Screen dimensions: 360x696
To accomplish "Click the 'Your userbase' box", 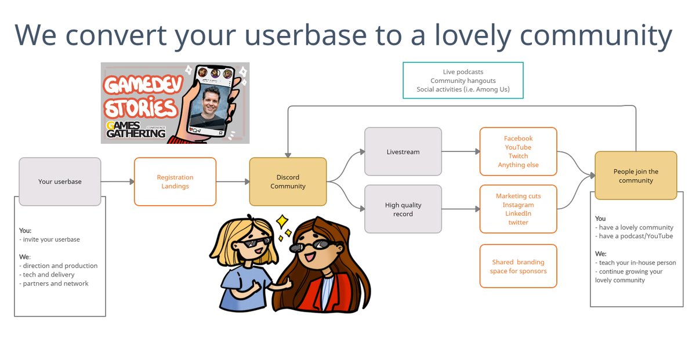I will click(60, 181).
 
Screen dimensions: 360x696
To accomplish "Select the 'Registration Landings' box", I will click(175, 181).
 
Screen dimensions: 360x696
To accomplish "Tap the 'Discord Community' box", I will click(288, 181).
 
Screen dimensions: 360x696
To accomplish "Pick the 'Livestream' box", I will click(403, 152).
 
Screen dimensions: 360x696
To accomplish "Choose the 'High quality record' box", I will click(403, 209).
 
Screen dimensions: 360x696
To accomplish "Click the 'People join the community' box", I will click(636, 176).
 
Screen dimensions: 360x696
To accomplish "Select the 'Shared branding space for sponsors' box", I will click(518, 266).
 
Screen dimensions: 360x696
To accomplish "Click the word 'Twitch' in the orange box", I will click(518, 156).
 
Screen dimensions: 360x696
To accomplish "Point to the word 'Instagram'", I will click(518, 205).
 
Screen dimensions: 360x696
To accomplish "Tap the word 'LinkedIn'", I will click(518, 213).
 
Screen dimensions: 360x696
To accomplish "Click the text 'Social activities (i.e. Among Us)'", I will click(463, 89).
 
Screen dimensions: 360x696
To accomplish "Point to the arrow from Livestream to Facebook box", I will click(461, 152).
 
